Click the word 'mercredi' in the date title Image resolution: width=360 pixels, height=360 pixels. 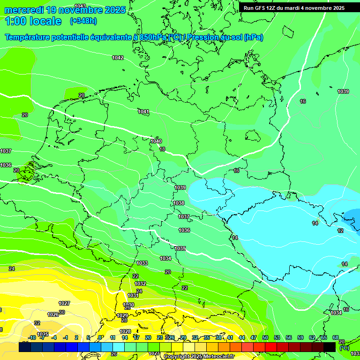click(x=23, y=10)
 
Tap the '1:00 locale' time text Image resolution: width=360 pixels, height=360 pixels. click(x=33, y=21)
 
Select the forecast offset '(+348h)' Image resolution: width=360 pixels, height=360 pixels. click(x=83, y=21)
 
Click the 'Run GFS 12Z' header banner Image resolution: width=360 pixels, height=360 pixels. click(x=294, y=7)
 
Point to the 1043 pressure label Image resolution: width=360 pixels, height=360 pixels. click(x=80, y=6)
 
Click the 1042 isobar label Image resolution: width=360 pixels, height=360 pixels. click(x=118, y=58)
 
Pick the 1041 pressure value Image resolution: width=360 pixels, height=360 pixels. click(x=143, y=112)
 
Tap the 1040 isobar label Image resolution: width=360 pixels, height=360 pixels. click(x=156, y=141)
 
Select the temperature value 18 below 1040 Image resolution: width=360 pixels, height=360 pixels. click(x=162, y=149)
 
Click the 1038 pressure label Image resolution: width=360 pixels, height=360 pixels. click(x=179, y=203)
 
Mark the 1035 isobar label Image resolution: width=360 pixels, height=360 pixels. click(x=180, y=248)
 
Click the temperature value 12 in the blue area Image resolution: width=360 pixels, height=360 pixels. click(x=340, y=231)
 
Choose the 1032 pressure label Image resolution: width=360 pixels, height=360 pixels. click(x=140, y=284)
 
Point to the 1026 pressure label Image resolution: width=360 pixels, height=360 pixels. click(x=53, y=315)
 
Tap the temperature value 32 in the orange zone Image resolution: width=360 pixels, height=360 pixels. click(x=37, y=323)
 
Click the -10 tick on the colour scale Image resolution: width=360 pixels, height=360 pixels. click(x=32, y=337)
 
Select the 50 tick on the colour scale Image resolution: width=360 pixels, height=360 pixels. click(x=265, y=337)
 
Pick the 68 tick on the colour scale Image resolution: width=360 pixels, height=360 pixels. click(x=336, y=337)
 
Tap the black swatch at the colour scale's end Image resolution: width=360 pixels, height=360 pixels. click(x=330, y=347)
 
